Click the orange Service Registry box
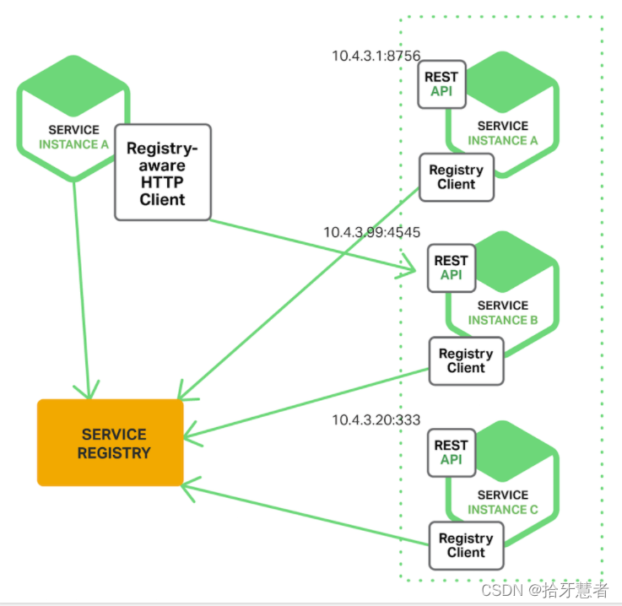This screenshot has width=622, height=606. tap(110, 442)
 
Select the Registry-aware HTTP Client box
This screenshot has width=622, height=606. tap(162, 173)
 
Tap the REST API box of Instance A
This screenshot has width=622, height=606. tap(441, 84)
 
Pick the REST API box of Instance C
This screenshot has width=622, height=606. tap(451, 452)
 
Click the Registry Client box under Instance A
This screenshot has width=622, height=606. tap(456, 177)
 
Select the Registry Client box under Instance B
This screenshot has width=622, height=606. tap(466, 360)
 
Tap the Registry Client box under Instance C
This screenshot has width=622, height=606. tap(466, 545)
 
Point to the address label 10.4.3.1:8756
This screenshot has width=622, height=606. tap(376, 56)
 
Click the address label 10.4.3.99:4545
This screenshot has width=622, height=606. tap(372, 232)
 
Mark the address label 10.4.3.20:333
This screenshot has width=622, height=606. tap(376, 419)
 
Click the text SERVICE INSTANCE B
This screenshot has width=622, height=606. tap(502, 313)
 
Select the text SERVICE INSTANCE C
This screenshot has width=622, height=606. tap(502, 502)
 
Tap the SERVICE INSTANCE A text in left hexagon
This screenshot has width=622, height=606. tap(73, 137)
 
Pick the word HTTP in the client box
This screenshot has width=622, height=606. tap(162, 181)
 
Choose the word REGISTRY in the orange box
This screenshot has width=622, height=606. tap(114, 453)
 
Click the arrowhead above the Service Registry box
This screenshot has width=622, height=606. tap(86, 392)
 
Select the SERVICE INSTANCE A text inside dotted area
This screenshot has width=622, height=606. tap(502, 133)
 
